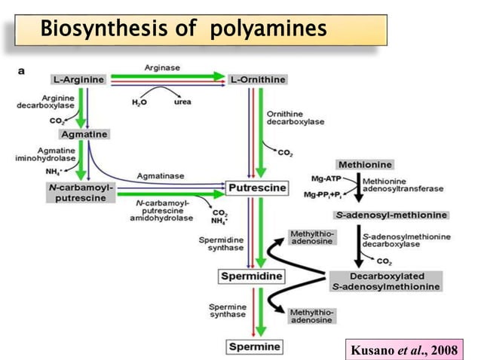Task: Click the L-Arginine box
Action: pos(78,78)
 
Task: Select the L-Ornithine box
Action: pos(253,79)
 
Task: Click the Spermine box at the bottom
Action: pos(253,346)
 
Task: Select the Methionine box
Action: pos(365,164)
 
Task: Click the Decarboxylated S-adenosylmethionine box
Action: pos(385,281)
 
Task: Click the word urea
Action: pos(182,101)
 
